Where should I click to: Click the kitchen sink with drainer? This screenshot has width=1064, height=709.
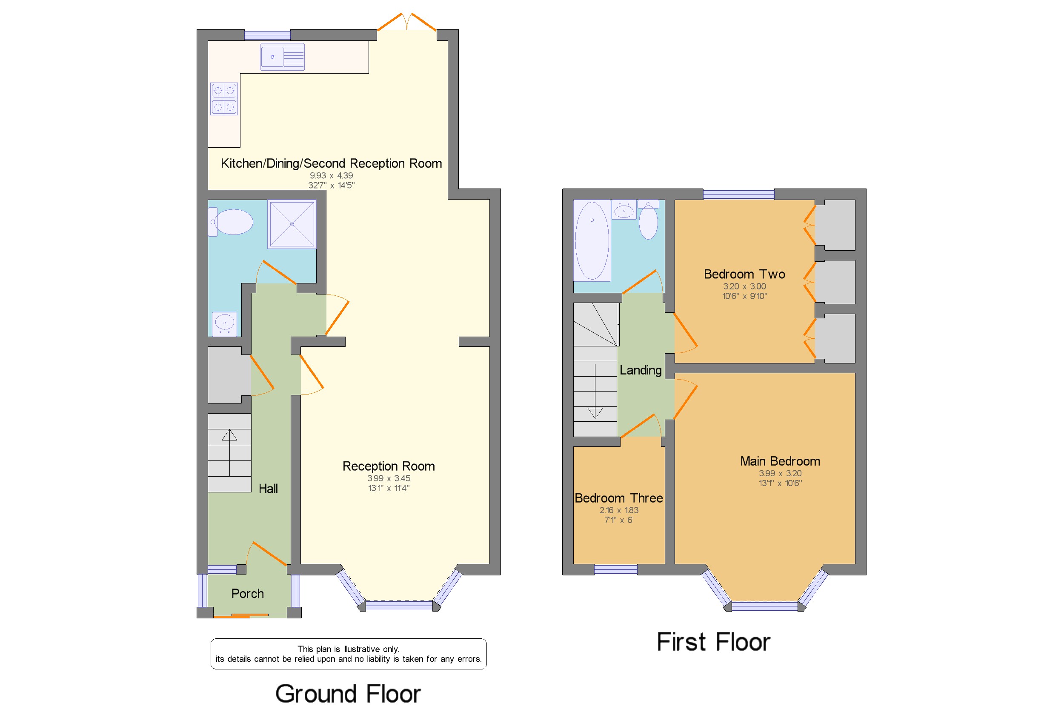click(282, 57)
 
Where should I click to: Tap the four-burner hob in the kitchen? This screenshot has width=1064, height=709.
click(224, 99)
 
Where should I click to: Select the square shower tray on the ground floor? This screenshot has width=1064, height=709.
click(292, 224)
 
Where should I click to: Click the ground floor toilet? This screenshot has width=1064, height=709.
click(231, 222)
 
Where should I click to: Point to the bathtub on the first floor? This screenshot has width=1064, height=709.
click(592, 241)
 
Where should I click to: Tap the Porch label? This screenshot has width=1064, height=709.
click(247, 593)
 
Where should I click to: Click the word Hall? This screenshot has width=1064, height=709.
click(268, 489)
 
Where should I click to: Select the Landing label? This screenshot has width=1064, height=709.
click(640, 370)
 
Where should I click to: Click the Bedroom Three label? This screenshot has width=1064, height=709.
click(618, 498)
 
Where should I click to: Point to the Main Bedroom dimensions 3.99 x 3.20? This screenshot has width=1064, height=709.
click(780, 473)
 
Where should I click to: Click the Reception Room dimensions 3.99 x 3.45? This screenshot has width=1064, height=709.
click(389, 478)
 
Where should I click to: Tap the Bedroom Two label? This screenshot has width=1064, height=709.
click(744, 274)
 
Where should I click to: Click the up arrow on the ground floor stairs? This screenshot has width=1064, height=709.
click(229, 435)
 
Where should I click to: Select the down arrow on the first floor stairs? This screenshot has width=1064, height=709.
click(595, 412)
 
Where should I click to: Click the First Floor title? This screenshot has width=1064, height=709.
click(713, 642)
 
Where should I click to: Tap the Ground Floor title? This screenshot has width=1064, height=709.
click(348, 693)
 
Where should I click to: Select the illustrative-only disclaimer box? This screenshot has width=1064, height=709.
click(348, 654)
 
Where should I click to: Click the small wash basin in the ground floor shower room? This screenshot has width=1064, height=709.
click(224, 323)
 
